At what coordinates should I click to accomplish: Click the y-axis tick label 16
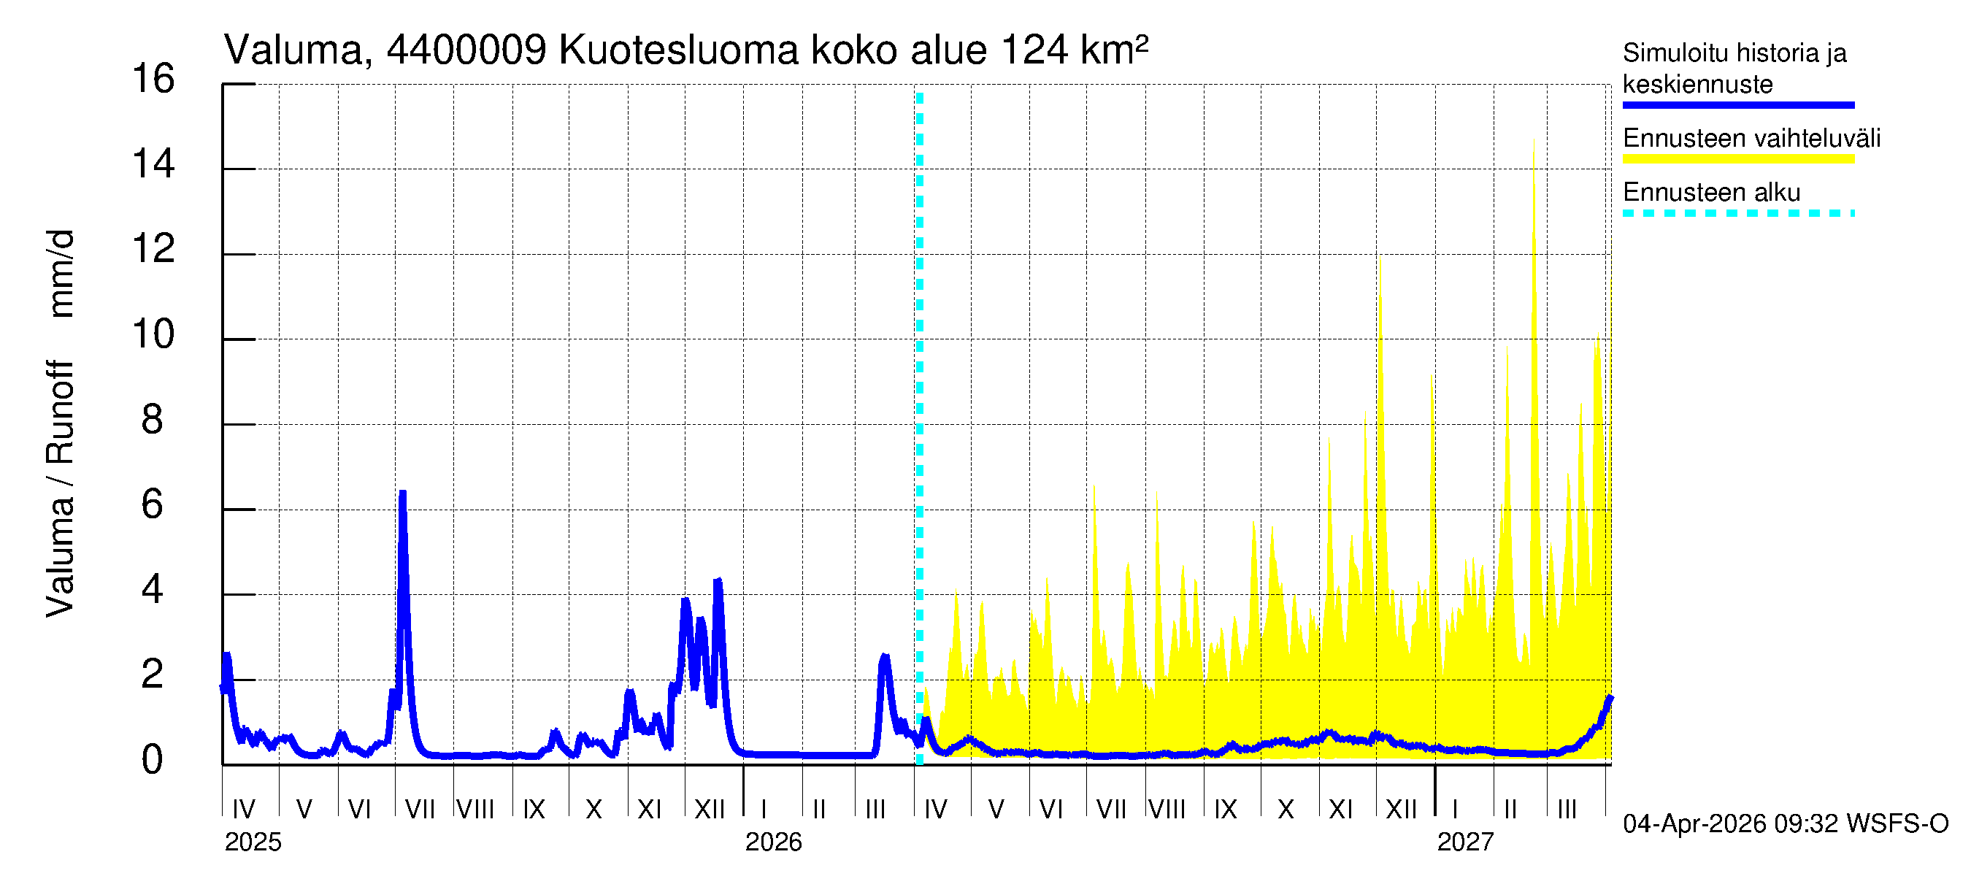[153, 79]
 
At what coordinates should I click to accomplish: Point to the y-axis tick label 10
[153, 334]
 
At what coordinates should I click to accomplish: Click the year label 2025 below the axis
[253, 842]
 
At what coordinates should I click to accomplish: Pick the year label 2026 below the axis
[773, 842]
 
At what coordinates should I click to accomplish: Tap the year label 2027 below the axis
[1464, 842]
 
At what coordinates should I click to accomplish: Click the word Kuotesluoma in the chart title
[679, 50]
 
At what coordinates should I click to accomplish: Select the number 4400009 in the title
[466, 50]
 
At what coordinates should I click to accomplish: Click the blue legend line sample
[1737, 105]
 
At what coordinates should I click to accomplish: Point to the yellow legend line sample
[1737, 159]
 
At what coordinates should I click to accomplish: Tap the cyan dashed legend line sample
[1737, 212]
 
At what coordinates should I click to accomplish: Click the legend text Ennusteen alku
[1711, 192]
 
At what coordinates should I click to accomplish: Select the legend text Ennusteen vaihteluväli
[1751, 139]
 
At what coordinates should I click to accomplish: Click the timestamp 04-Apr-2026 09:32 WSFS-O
[1785, 824]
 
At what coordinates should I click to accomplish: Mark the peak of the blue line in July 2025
[402, 493]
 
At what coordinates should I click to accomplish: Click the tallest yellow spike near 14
[1533, 141]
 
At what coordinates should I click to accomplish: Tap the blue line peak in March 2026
[885, 656]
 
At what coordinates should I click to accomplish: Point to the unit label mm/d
[60, 273]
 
